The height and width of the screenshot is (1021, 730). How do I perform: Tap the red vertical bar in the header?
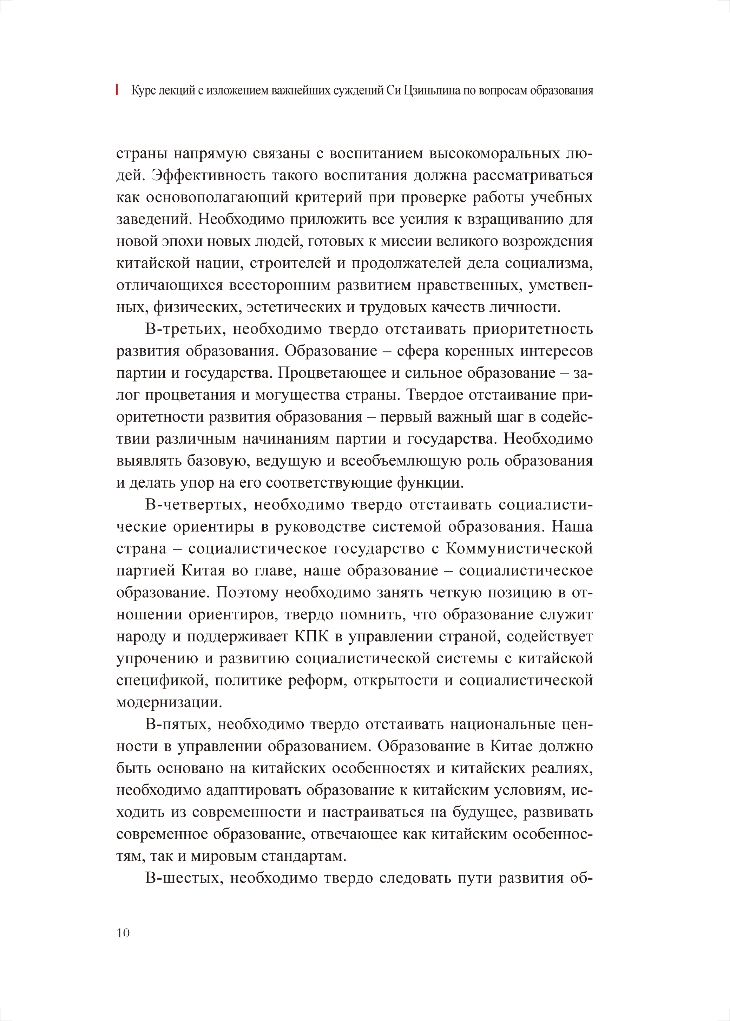click(117, 90)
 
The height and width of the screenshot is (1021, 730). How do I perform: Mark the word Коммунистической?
click(519, 549)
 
